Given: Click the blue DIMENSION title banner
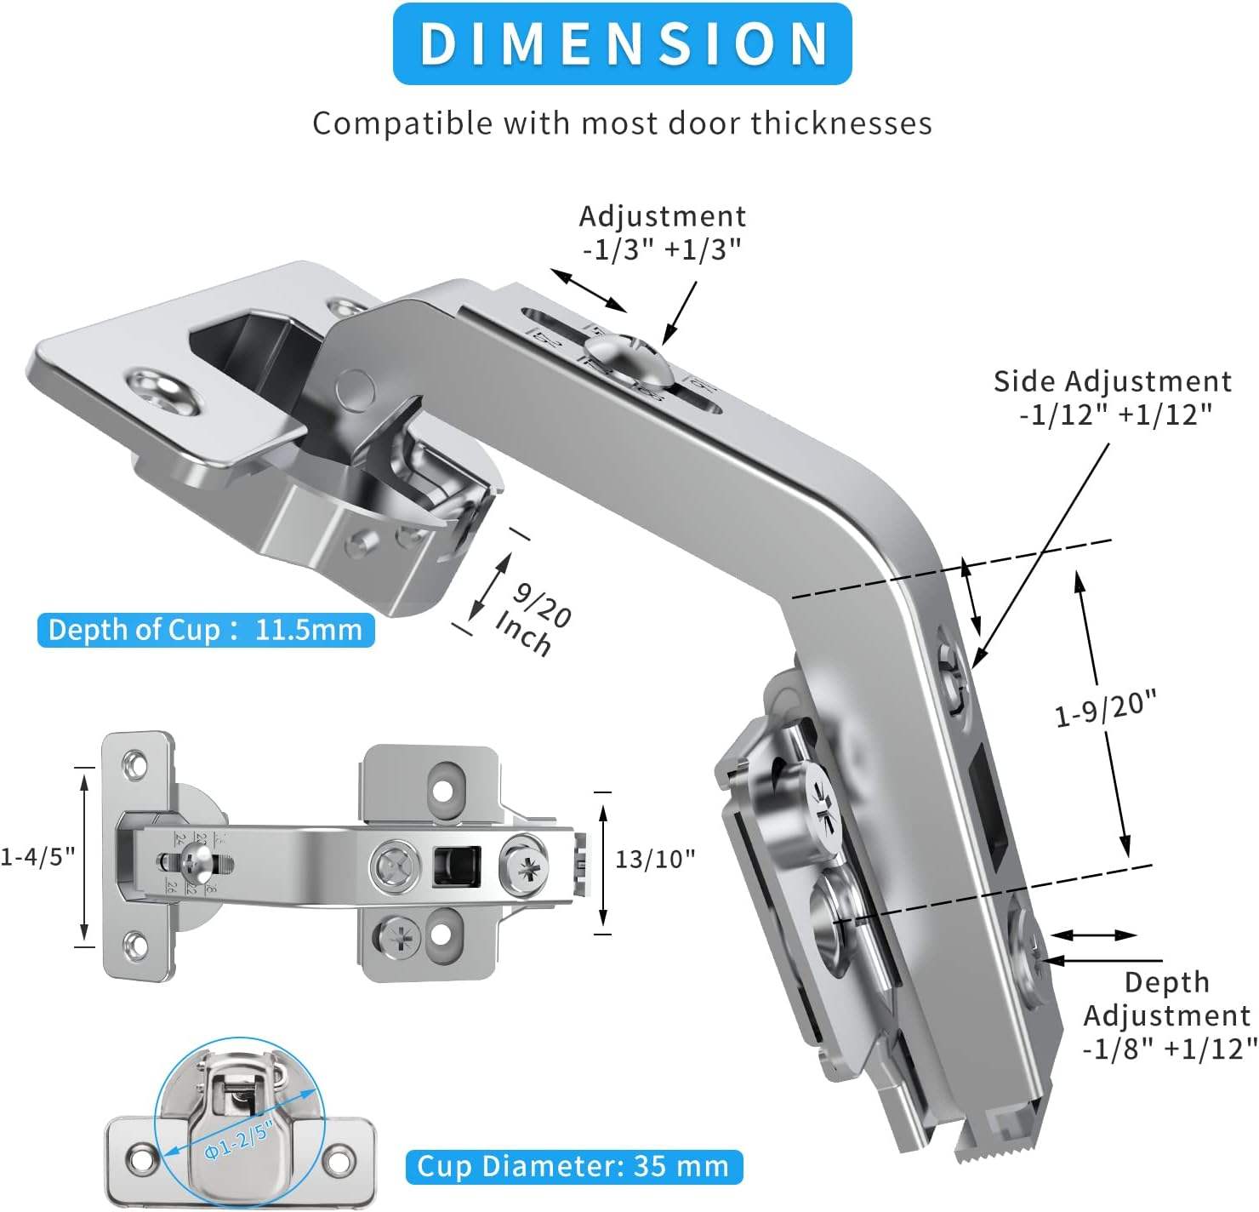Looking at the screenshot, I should click(622, 43).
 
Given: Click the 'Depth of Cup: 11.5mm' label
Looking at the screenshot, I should click(205, 630).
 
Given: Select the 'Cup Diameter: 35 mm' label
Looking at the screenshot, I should click(573, 1166).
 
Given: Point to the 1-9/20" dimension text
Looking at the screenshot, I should click(1106, 709).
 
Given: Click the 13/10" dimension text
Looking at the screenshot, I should click(655, 859).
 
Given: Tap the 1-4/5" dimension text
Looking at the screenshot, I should click(37, 855).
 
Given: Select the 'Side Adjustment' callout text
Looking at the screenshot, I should click(1113, 381).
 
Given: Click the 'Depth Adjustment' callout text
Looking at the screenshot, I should click(1167, 998).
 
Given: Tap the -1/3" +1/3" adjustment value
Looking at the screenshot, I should click(662, 249).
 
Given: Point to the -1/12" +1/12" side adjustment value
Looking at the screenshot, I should click(1115, 414).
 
